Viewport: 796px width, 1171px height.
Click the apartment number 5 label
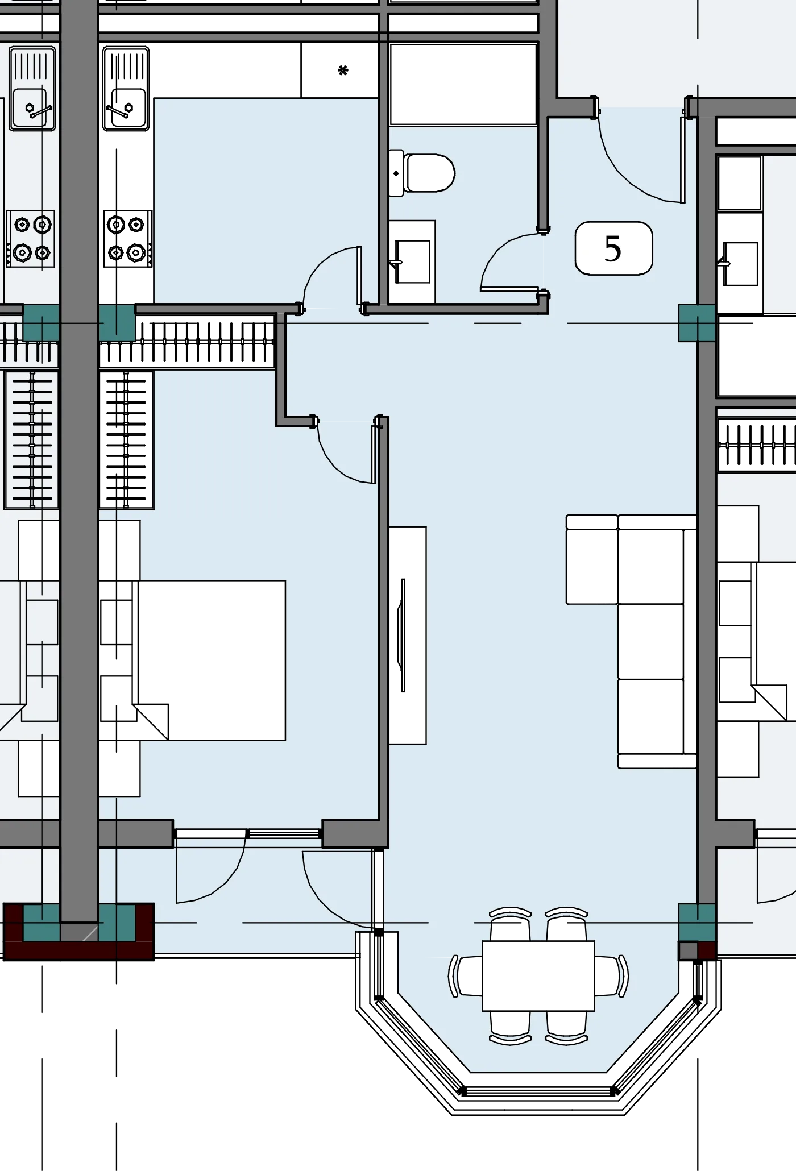pyautogui.click(x=613, y=248)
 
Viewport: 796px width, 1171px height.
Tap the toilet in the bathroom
pyautogui.click(x=422, y=173)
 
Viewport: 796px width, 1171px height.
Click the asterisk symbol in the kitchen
pyautogui.click(x=342, y=70)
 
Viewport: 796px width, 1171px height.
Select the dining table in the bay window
pyautogui.click(x=538, y=975)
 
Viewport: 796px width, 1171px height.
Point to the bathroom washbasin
pyautogui.click(x=412, y=261)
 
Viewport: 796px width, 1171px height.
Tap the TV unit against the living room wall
pyautogui.click(x=408, y=635)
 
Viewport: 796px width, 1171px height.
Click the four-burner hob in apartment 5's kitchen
pyautogui.click(x=128, y=239)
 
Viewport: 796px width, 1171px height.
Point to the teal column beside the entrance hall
pyautogui.click(x=697, y=323)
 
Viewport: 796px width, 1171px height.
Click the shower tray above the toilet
pyautogui.click(x=463, y=84)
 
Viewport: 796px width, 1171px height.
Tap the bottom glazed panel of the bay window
pyautogui.click(x=538, y=1091)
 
